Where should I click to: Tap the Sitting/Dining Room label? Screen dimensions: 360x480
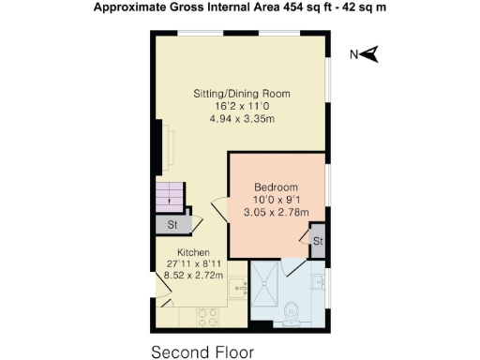pyautogui.click(x=241, y=94)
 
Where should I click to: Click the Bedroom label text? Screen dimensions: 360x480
pyautogui.click(x=276, y=187)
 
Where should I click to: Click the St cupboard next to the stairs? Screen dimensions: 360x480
pyautogui.click(x=172, y=225)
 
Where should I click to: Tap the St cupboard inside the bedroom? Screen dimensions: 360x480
pyautogui.click(x=318, y=241)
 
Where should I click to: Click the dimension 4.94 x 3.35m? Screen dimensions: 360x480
pyautogui.click(x=241, y=119)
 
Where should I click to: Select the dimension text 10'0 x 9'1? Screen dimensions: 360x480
pyautogui.click(x=276, y=200)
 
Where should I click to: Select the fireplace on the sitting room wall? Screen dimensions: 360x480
pyautogui.click(x=167, y=144)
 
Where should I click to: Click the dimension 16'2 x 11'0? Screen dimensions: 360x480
pyautogui.click(x=241, y=107)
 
